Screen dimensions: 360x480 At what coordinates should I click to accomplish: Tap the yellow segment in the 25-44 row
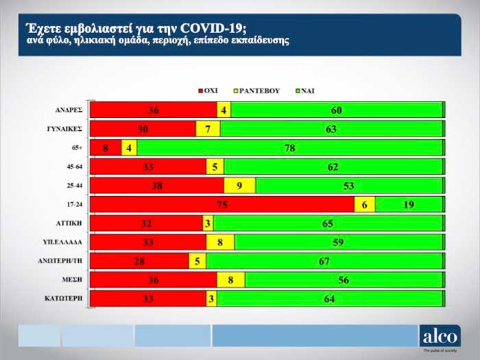pyautogui.click(x=239, y=185)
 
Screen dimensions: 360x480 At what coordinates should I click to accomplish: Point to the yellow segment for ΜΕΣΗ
pyautogui.click(x=231, y=280)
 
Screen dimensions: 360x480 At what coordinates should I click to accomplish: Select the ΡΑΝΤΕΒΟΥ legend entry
pyautogui.click(x=260, y=90)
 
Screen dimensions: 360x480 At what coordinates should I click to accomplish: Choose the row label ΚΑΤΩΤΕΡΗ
pyautogui.click(x=67, y=299)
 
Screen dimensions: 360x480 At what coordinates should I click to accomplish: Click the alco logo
pyautogui.click(x=440, y=335)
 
